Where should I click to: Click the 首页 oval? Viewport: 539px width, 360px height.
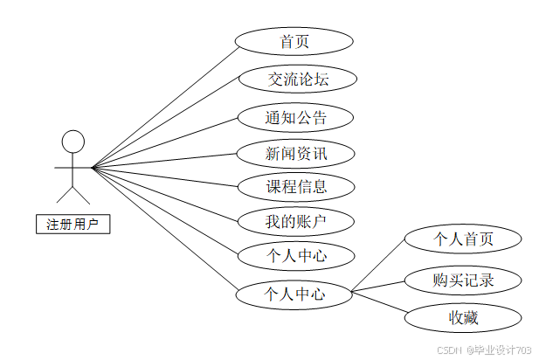point(294,41)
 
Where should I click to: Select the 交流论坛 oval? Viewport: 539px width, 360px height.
point(297,79)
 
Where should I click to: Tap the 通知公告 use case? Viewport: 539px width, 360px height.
point(296,117)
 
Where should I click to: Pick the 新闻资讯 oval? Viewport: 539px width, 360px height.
point(296,154)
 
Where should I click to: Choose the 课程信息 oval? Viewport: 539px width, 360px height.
point(296,186)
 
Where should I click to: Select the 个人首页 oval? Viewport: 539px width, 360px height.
point(464,239)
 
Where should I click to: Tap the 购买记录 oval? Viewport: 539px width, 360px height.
point(464,280)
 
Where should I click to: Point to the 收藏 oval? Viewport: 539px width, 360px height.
point(464,317)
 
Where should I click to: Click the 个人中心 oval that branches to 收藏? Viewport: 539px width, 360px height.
point(294,294)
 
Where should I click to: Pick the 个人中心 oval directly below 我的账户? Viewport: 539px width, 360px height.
point(296,256)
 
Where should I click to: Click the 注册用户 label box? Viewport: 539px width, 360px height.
point(73,224)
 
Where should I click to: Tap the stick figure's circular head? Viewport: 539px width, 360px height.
point(73,142)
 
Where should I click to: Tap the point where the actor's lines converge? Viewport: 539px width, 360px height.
point(93,166)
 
